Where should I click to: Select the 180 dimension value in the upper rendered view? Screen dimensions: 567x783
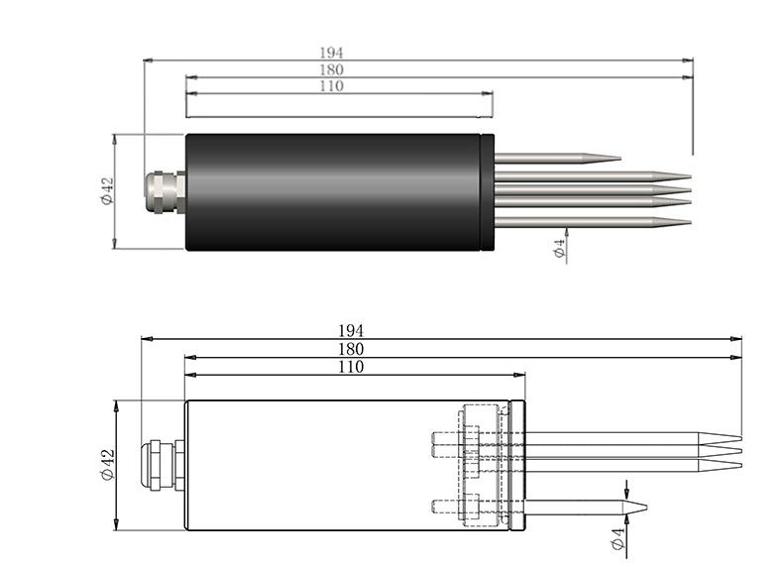[331, 69]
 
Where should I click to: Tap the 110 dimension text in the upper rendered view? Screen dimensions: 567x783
[331, 86]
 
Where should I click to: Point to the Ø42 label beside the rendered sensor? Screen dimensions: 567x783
[107, 190]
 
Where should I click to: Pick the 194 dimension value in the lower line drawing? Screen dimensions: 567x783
[351, 330]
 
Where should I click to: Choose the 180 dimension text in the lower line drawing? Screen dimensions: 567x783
[351, 349]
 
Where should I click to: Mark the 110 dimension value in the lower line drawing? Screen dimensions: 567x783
[351, 367]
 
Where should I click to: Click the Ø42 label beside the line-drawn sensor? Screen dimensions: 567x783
[107, 464]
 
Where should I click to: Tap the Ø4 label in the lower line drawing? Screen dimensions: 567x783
[617, 539]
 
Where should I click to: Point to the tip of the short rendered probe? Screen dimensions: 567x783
[618, 157]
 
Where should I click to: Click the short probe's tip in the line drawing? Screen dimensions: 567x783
[645, 508]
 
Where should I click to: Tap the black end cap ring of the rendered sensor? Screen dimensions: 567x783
[487, 190]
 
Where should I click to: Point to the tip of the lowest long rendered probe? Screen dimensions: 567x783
[688, 223]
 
